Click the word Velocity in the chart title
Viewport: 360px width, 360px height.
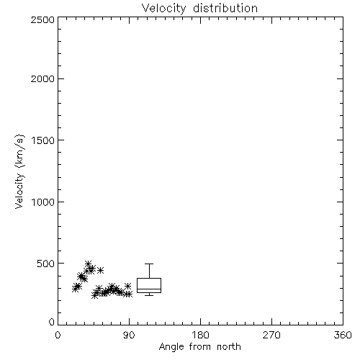(x=164, y=8)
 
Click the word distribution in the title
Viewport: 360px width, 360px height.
(x=225, y=8)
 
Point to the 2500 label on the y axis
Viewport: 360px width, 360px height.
(x=43, y=19)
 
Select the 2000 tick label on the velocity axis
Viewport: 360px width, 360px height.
(x=43, y=78)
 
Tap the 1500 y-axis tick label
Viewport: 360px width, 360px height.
(x=43, y=140)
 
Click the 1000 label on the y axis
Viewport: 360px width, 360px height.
(x=43, y=202)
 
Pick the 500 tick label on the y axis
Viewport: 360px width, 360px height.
(x=46, y=264)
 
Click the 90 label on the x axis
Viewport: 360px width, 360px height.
(x=129, y=335)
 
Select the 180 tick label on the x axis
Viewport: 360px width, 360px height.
(x=200, y=335)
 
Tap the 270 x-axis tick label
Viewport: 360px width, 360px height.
(x=271, y=335)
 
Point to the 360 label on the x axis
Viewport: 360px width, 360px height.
(x=343, y=335)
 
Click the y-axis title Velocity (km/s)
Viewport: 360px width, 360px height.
(x=19, y=171)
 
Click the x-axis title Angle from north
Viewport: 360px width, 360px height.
(x=200, y=347)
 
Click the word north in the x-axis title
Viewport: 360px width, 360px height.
(x=229, y=347)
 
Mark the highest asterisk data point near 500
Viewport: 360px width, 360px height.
(x=88, y=264)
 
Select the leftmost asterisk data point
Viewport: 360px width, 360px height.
(x=76, y=289)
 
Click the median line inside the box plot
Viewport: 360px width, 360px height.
(x=149, y=289)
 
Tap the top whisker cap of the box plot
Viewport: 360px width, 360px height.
(x=149, y=264)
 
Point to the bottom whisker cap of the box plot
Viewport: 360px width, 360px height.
(x=149, y=295)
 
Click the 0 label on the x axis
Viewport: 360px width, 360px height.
(x=58, y=335)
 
